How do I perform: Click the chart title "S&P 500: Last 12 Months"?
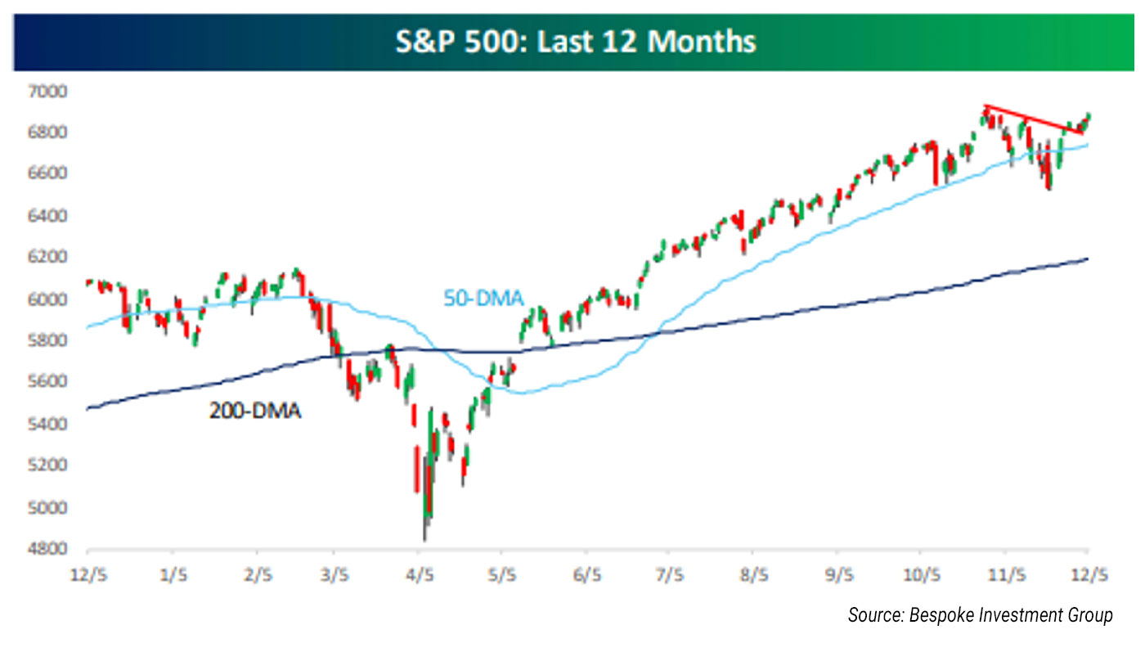coord(575,42)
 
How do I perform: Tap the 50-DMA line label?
coord(483,298)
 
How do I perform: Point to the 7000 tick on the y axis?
coord(52,91)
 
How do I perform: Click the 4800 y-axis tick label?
coord(52,550)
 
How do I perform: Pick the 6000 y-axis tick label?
coord(52,299)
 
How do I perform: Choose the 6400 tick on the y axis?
coord(52,216)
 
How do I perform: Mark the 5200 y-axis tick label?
coord(52,466)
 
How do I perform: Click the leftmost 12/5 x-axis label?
coord(90,576)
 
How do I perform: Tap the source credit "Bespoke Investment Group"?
coord(980,615)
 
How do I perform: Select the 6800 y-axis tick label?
coord(52,133)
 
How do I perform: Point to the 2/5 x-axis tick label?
coord(258,576)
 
